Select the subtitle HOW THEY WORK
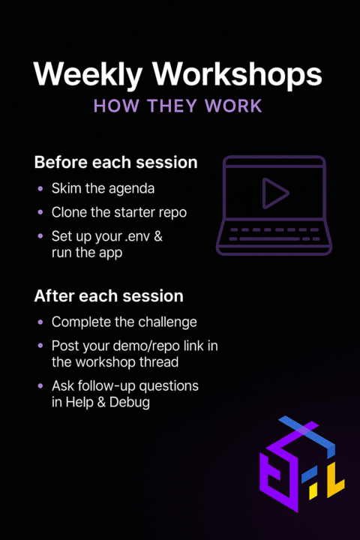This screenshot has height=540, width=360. click(178, 106)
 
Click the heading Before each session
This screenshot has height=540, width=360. click(115, 163)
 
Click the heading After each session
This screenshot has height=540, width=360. click(108, 295)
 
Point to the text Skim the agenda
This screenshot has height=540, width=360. click(103, 188)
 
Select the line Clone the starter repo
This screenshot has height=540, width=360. click(118, 212)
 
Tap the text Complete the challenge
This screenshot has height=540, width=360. click(124, 322)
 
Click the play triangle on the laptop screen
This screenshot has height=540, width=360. click(274, 195)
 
